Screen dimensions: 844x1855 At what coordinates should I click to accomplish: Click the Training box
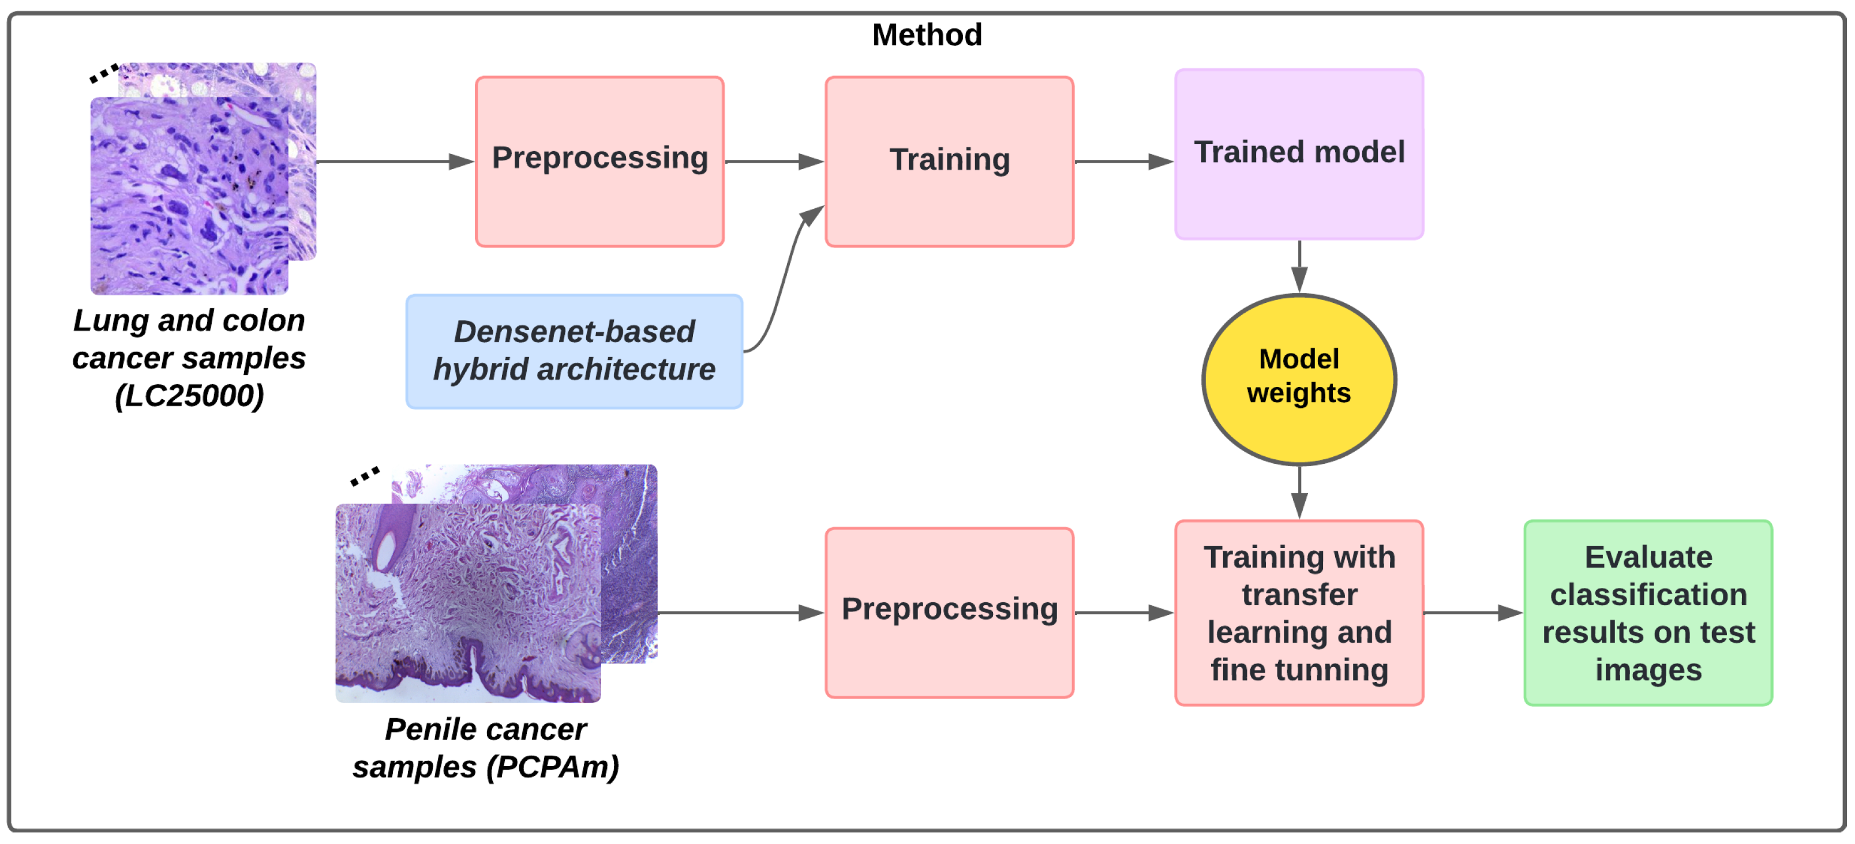pos(949,162)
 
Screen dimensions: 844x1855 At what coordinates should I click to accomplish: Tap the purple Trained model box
pos(1298,154)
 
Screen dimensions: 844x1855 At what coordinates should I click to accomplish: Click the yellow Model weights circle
pos(1298,380)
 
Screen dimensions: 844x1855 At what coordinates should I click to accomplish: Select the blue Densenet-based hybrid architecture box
pos(574,351)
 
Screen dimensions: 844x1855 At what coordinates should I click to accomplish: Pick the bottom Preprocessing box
pos(949,612)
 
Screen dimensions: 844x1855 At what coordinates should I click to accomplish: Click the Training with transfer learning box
pos(1298,612)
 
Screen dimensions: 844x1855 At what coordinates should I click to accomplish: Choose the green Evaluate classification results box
pos(1648,612)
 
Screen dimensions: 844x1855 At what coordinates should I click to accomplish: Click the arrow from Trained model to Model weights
pos(1299,267)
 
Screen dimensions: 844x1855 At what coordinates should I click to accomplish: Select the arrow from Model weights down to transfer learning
pos(1299,493)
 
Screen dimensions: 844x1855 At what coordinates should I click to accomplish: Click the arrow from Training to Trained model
pos(1123,162)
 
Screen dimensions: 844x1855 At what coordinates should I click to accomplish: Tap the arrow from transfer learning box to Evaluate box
pos(1472,613)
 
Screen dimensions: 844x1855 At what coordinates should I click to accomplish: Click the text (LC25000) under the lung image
pos(189,395)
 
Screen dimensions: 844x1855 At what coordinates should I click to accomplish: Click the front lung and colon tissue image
pos(189,196)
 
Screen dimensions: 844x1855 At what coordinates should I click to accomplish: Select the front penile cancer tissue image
pos(467,603)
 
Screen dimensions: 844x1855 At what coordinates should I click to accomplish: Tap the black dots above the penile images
pos(365,476)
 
